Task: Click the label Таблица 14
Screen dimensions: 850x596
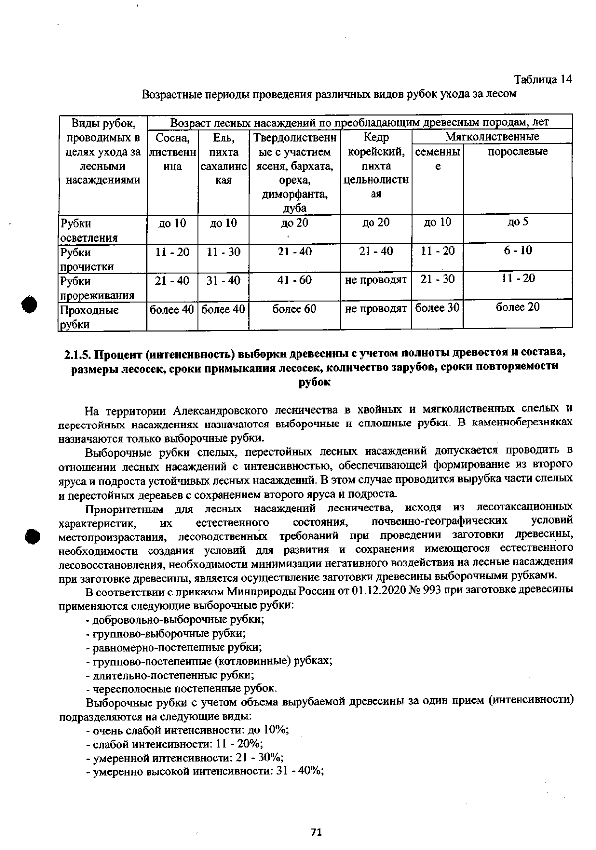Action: [x=542, y=80]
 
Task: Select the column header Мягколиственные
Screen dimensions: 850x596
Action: [x=492, y=137]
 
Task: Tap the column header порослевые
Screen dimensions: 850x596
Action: [x=518, y=152]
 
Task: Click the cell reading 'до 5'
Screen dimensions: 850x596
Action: [x=518, y=222]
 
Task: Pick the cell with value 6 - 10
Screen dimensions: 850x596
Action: [x=518, y=250]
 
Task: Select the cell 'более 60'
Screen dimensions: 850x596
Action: [x=295, y=309]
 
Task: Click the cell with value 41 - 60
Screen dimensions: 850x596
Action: [x=295, y=280]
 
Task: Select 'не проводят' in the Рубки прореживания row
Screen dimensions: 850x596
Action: [x=376, y=280]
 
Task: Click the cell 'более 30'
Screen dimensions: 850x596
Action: [x=437, y=308]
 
